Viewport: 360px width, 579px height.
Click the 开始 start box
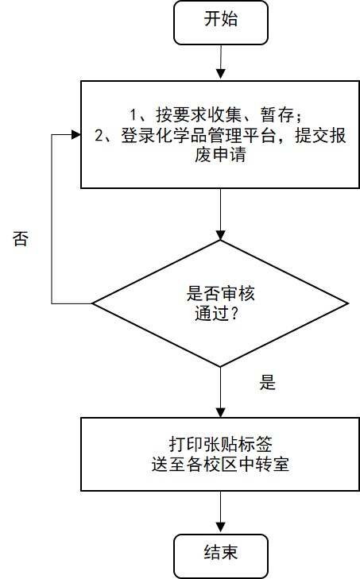coord(221,23)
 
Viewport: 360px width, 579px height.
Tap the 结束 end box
coord(221,556)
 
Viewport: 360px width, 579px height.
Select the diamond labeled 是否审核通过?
coord(220,303)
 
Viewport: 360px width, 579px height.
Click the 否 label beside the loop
coord(21,239)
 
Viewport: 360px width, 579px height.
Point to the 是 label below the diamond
coord(267,383)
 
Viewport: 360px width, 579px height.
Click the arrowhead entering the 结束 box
coord(221,528)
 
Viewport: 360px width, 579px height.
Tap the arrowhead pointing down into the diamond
coord(221,235)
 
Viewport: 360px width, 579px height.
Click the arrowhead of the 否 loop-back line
coord(75,135)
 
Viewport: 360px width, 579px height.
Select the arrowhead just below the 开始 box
coord(221,73)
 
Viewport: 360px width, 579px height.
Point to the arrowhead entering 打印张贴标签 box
coord(221,412)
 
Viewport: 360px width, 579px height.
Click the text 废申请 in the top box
coord(220,155)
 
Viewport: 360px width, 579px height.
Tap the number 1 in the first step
coord(134,115)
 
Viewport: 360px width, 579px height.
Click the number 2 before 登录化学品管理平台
coord(99,136)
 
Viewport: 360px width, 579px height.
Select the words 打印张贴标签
coord(221,444)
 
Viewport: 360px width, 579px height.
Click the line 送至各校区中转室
coord(220,465)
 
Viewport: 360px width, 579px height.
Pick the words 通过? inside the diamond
coord(216,315)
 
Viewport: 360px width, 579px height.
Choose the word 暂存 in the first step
coord(277,115)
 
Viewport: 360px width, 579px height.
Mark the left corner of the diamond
coord(92,303)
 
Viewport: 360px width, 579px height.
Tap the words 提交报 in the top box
coord(320,136)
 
